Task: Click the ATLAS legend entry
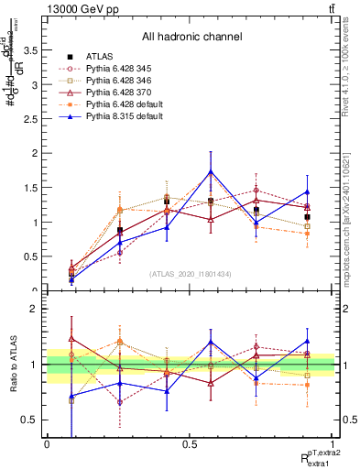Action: [100, 57]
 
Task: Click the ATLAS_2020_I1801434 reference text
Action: [190, 274]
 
